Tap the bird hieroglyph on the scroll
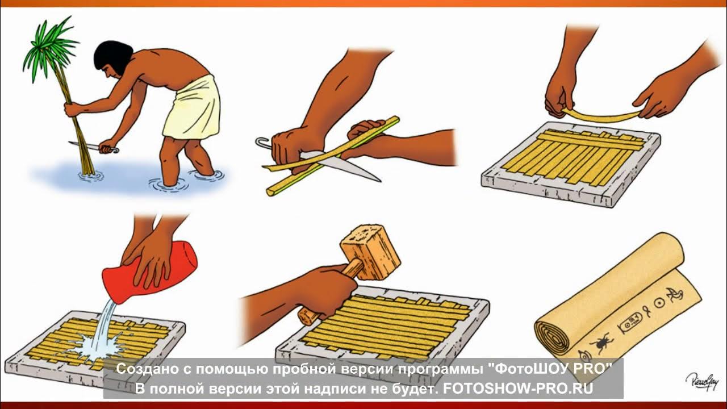point(676,295)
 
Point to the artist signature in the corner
point(701,379)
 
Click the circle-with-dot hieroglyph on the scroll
point(659,304)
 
